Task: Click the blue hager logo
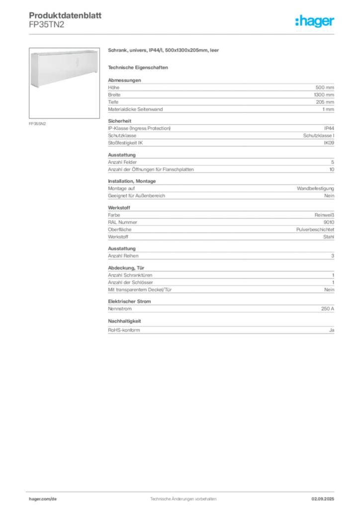[x=316, y=21]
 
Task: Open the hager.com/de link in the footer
[x=43, y=499]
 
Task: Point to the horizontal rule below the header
[x=183, y=34]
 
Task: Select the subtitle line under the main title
[x=140, y=67]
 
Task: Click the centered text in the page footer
[x=183, y=497]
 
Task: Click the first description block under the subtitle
[x=221, y=89]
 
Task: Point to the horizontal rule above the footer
[x=183, y=490]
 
